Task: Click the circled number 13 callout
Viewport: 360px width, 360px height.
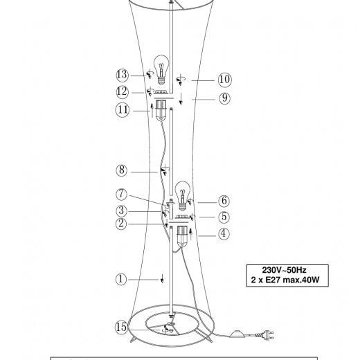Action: click(122, 75)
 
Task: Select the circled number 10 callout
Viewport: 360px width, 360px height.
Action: click(224, 80)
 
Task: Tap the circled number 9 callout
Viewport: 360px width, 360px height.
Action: click(224, 98)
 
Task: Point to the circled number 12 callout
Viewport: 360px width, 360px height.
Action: click(122, 92)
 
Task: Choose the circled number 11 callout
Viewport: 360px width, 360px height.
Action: click(123, 110)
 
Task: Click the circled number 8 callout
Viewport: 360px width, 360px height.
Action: click(122, 170)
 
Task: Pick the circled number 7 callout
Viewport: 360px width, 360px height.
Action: click(122, 195)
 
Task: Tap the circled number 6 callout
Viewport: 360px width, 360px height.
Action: click(224, 201)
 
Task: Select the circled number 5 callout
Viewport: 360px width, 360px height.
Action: click(224, 217)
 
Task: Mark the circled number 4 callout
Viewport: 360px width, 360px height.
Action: click(224, 234)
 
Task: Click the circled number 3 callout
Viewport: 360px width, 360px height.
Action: click(121, 211)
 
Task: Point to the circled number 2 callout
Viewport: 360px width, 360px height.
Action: click(121, 224)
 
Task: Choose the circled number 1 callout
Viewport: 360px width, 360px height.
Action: click(121, 280)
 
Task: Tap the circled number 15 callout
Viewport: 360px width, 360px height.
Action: click(121, 327)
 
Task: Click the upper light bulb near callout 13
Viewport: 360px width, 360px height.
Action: click(161, 70)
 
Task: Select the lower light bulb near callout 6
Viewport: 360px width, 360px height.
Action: click(183, 196)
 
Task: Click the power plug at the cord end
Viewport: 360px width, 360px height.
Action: click(267, 335)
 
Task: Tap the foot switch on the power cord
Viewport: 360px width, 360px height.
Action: click(238, 334)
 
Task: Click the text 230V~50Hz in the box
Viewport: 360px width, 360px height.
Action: click(284, 270)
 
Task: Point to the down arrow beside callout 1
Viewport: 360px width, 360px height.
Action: click(162, 278)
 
